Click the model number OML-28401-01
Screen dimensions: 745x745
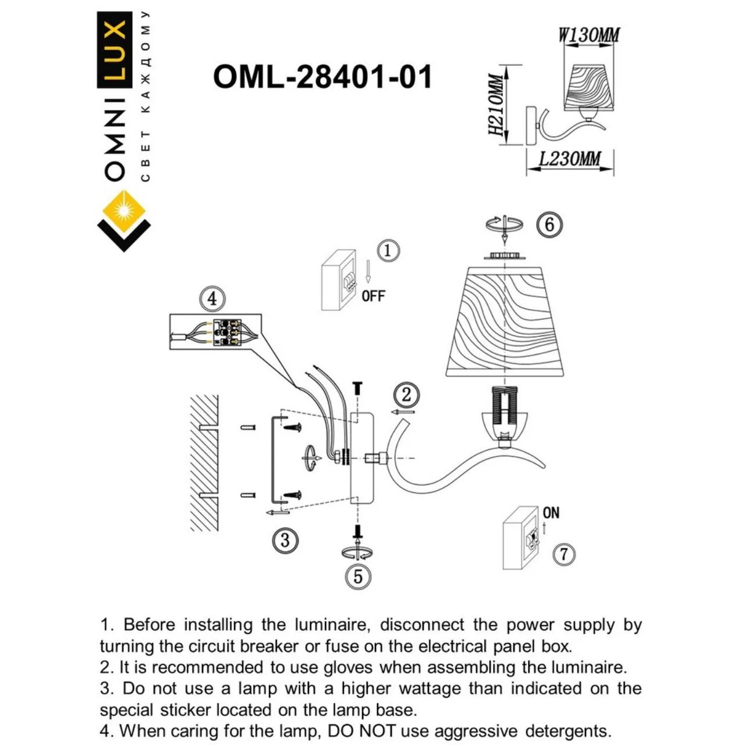[322, 76]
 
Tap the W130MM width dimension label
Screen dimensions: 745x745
[588, 36]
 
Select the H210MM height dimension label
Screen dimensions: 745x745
[495, 105]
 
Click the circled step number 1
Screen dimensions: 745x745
[388, 251]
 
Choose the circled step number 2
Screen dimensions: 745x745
[406, 395]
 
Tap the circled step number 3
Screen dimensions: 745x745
[285, 540]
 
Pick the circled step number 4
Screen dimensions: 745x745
[212, 299]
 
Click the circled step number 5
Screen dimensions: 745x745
[358, 576]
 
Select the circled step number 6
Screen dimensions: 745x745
[549, 224]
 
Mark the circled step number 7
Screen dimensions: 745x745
[563, 554]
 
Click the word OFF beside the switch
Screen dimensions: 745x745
[373, 296]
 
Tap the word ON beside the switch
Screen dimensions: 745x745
[551, 513]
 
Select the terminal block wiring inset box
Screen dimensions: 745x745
[215, 332]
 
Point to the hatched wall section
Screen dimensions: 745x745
[204, 463]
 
